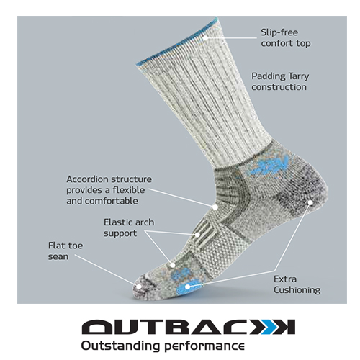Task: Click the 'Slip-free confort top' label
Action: pos(286,38)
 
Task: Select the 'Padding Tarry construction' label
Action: pos(280,81)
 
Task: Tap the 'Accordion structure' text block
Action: pos(109,190)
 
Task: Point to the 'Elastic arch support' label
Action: pos(129,228)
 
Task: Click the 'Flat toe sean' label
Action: pos(66,251)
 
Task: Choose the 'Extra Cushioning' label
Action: pos(297,284)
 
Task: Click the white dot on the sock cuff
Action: pos(205,38)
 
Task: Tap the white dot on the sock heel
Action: pos(310,203)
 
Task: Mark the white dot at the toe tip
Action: pos(138,286)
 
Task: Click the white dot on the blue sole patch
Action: pos(187,287)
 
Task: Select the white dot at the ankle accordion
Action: pos(215,207)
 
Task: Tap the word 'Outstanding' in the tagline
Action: pos(120,346)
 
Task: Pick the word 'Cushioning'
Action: pos(297,290)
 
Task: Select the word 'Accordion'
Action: pos(87,179)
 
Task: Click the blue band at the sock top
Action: pos(177,42)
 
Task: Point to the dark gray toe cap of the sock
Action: pos(143,287)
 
